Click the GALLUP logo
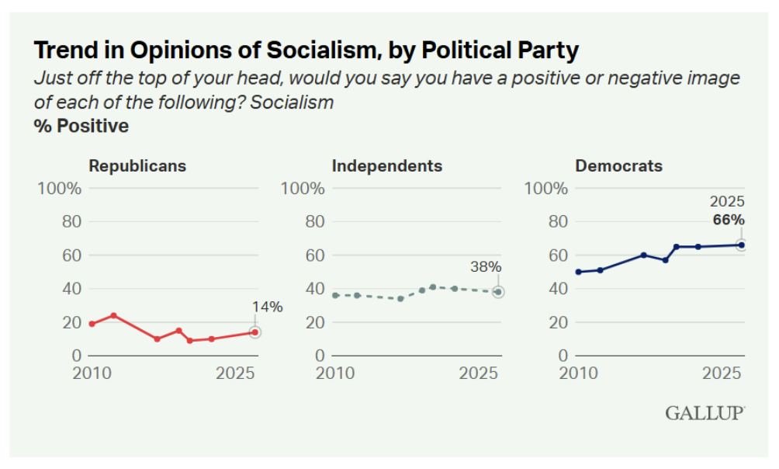[705, 413]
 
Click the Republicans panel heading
[137, 165]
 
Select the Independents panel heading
[386, 165]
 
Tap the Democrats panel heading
[618, 165]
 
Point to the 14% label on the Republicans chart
[267, 307]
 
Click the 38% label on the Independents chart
[486, 267]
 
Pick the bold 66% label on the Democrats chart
[729, 221]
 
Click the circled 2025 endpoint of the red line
[254, 332]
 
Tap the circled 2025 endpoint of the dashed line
[497, 292]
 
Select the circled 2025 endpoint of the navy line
[741, 245]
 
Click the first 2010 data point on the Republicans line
[92, 324]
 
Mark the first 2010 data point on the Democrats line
[578, 272]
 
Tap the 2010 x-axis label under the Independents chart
[334, 373]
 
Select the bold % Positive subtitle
[81, 126]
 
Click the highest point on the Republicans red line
[113, 315]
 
